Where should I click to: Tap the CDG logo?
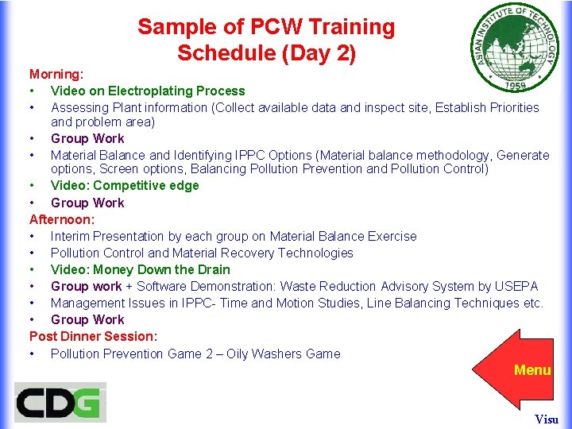pyautogui.click(x=60, y=402)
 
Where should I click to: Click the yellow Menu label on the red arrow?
pyautogui.click(x=532, y=370)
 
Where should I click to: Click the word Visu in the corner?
pyautogui.click(x=547, y=419)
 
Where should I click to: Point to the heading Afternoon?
pyautogui.click(x=62, y=219)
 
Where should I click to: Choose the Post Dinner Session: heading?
pyautogui.click(x=93, y=336)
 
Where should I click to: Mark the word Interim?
pyautogui.click(x=73, y=236)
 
